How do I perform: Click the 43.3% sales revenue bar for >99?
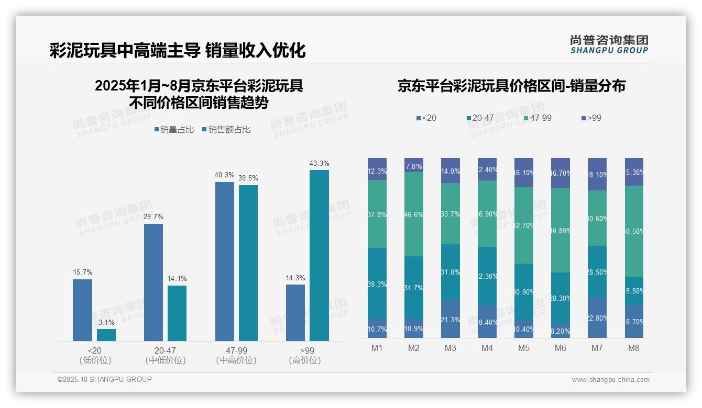[x=319, y=255]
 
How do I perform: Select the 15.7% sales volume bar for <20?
[x=82, y=310]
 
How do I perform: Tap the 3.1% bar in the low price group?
[x=106, y=335]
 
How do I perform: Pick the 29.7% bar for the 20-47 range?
[x=153, y=282]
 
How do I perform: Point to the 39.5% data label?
[x=248, y=178]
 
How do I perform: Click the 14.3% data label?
[x=295, y=278]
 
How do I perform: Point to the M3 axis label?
[x=451, y=348]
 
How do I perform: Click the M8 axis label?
[x=634, y=348]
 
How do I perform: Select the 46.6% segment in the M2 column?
[x=414, y=214]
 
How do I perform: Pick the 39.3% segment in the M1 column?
[x=377, y=284]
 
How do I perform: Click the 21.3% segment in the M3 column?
[x=451, y=319]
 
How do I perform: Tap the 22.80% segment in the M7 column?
[x=597, y=318]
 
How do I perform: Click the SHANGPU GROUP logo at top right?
[x=609, y=44]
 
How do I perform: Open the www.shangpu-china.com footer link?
[x=610, y=380]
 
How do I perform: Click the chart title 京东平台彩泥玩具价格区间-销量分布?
[x=511, y=86]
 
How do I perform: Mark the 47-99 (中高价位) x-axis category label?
[x=236, y=355]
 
